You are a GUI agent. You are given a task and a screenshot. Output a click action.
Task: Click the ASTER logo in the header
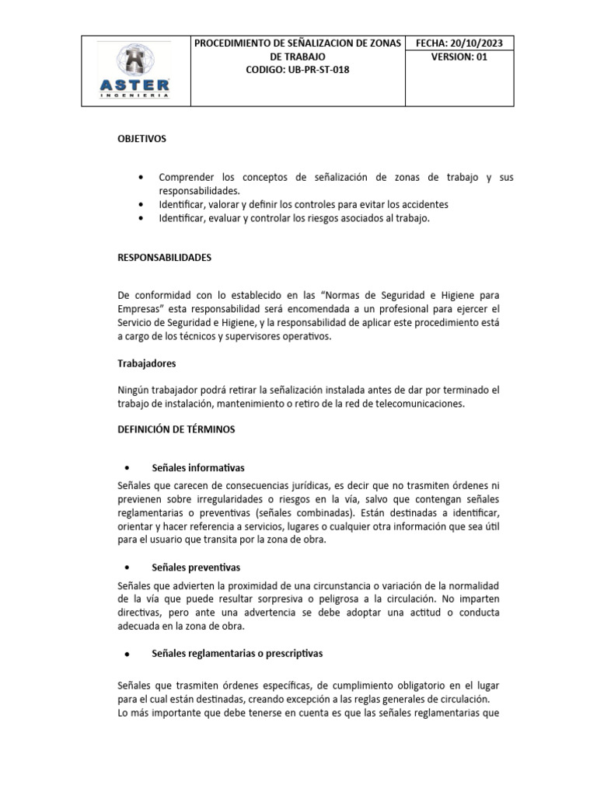coord(137,71)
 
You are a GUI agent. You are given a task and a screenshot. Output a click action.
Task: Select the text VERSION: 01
coord(463,57)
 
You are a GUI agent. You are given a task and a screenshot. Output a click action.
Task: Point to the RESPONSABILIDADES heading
coord(164,257)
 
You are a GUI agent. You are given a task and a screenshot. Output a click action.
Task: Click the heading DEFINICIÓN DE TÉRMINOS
coord(176,428)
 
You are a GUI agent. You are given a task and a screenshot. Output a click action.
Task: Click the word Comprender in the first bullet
coord(188,177)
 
